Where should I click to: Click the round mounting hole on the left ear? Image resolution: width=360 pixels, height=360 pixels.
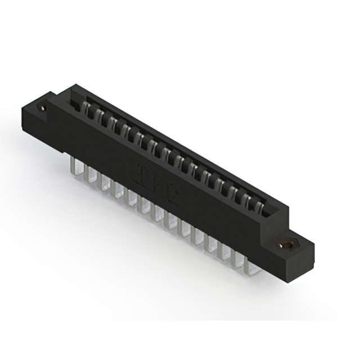(x=41, y=106)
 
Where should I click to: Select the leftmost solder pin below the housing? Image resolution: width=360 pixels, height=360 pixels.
(x=74, y=165)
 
